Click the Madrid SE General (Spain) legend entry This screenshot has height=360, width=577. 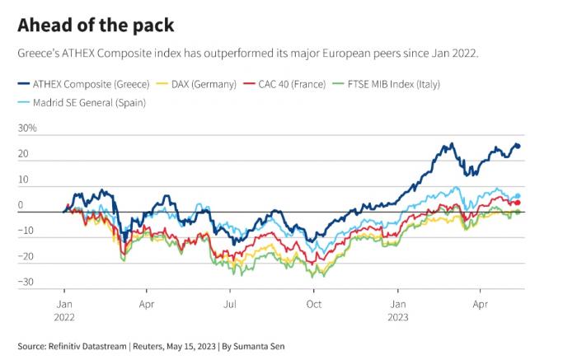[86, 101]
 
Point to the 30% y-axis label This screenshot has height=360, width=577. [27, 129]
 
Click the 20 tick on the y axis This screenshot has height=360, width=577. [22, 155]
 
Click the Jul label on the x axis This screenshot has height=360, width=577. [231, 302]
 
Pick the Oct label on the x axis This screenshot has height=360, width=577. [313, 302]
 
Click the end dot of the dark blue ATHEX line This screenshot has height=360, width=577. [518, 146]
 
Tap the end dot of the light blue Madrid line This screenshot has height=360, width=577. [518, 196]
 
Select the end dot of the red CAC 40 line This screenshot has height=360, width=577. [518, 203]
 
